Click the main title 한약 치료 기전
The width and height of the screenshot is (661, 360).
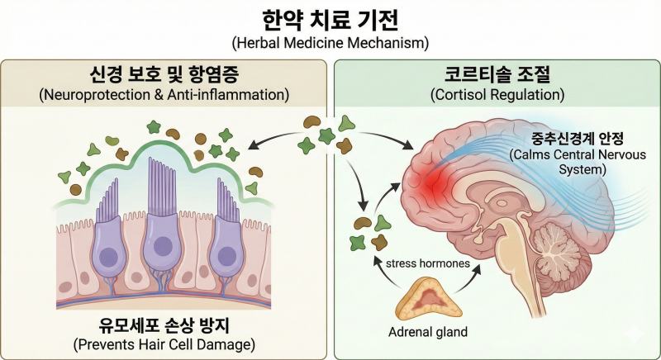pos(330,20)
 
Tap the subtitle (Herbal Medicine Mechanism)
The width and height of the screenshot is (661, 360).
pos(330,44)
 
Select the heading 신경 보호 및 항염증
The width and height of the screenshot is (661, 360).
pos(164,74)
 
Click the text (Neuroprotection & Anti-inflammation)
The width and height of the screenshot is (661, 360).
pos(164,95)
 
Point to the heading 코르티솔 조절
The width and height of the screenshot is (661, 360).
pos(497,74)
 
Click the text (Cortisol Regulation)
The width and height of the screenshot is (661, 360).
pos(497,95)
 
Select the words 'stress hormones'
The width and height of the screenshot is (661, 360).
pos(427,263)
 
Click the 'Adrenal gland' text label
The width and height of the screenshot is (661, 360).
pos(428,332)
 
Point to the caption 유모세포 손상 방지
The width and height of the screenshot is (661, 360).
pos(164,324)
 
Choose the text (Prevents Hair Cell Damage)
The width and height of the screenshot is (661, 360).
pos(164,345)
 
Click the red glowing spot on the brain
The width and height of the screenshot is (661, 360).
pos(432,184)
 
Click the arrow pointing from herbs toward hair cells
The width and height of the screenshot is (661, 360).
pos(275,138)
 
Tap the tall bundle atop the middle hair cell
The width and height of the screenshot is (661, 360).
pos(161,186)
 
